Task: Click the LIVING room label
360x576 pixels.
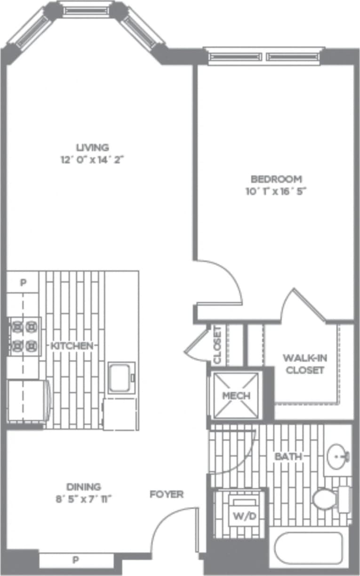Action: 92,147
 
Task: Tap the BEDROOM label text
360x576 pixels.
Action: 276,179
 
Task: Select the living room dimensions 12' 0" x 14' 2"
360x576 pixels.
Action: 92,160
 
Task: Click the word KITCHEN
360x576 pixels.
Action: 72,346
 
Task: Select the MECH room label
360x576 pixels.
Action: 236,395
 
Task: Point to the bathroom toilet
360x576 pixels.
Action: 324,499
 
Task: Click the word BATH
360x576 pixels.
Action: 288,457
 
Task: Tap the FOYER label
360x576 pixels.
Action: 167,495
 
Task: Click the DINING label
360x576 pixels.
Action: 83,487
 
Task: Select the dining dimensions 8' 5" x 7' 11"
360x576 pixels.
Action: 83,499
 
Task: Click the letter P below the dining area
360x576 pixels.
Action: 76,560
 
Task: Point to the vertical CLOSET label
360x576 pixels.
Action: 217,345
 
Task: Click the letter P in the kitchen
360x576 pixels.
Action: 23,283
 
